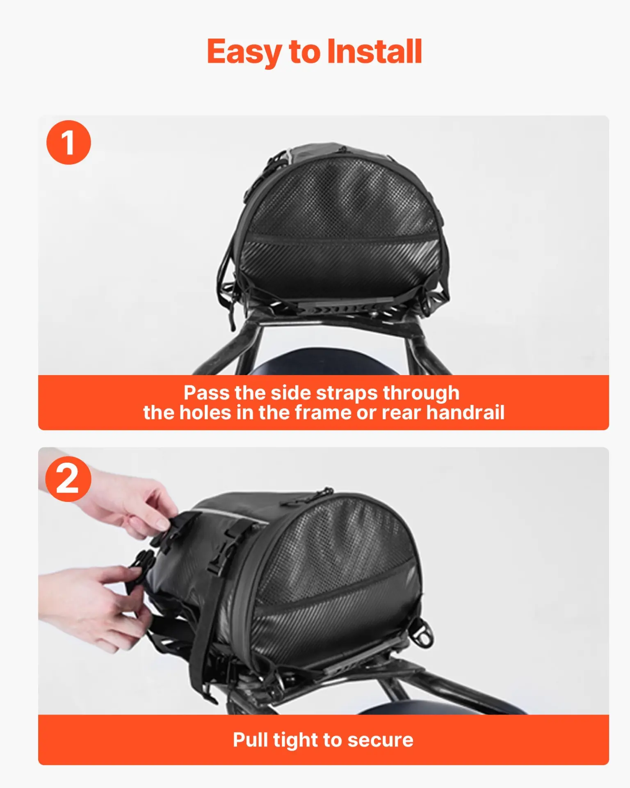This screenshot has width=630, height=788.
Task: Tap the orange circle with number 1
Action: (x=68, y=142)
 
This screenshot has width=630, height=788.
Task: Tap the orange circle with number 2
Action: (x=68, y=479)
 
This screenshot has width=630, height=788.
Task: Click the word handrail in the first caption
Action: (x=465, y=412)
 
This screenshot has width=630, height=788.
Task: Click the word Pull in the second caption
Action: (x=250, y=740)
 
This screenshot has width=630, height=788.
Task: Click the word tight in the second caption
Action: (x=295, y=740)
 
